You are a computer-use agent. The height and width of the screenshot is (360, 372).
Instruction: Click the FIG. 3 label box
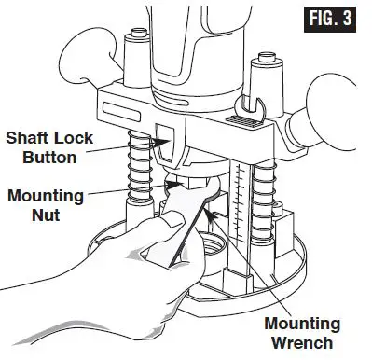click(x=331, y=21)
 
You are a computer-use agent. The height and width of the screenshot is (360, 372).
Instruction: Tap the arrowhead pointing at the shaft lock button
click(x=160, y=143)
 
